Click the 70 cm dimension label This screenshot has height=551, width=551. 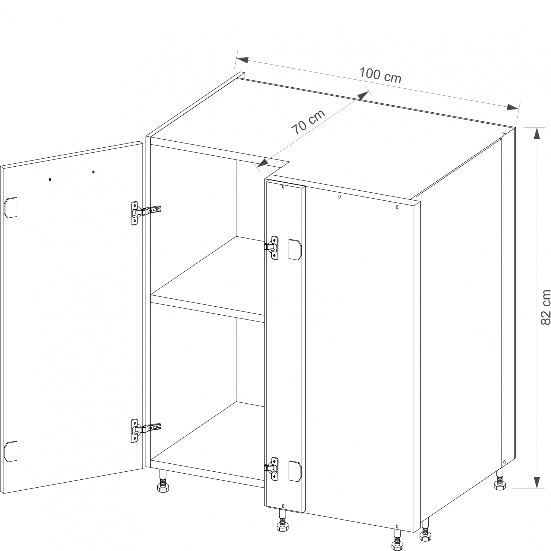pyautogui.click(x=308, y=122)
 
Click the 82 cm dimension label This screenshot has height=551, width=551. pyautogui.click(x=545, y=307)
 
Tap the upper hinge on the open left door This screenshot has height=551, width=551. pyautogui.click(x=146, y=213)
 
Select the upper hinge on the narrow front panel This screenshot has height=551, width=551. pyautogui.click(x=272, y=248)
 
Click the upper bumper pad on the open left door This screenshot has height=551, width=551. pyautogui.click(x=10, y=207)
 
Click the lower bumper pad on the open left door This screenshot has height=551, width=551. pyautogui.click(x=10, y=452)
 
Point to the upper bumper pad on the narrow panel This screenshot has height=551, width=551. pyautogui.click(x=295, y=250)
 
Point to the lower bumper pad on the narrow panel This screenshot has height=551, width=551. pyautogui.click(x=295, y=471)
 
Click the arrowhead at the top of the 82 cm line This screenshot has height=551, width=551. pyautogui.click(x=537, y=133)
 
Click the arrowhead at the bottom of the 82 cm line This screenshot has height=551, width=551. pyautogui.click(x=537, y=483)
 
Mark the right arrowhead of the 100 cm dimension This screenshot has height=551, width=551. pyautogui.click(x=512, y=107)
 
